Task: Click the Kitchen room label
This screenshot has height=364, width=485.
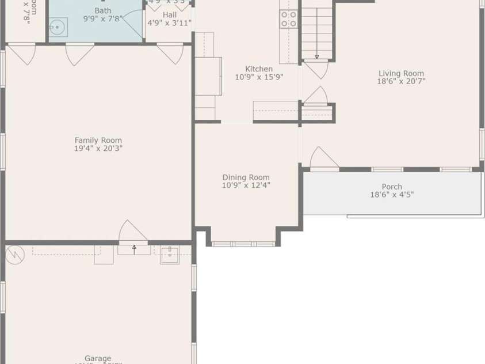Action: [259, 69]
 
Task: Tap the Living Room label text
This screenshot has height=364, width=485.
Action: [401, 73]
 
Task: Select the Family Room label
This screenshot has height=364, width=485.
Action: [98, 140]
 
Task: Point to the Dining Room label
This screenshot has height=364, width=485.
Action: [246, 177]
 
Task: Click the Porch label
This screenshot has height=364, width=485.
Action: [392, 187]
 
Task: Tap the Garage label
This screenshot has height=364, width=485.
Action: [98, 358]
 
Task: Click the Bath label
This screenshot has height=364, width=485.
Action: [103, 10]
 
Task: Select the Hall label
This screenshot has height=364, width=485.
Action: [170, 14]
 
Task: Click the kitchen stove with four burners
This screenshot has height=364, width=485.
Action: [289, 19]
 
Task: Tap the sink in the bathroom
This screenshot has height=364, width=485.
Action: [58, 26]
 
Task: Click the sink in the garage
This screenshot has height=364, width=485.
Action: [169, 255]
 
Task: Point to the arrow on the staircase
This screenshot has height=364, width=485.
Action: [316, 56]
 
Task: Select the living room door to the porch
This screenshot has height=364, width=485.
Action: [323, 160]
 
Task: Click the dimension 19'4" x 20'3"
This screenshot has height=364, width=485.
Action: [98, 149]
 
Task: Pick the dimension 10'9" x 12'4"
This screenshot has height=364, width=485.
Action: [246, 185]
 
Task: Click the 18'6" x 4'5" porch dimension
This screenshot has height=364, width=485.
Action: [392, 195]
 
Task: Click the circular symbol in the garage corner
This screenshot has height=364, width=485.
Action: [15, 255]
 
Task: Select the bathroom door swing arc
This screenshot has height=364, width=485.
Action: [132, 24]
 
